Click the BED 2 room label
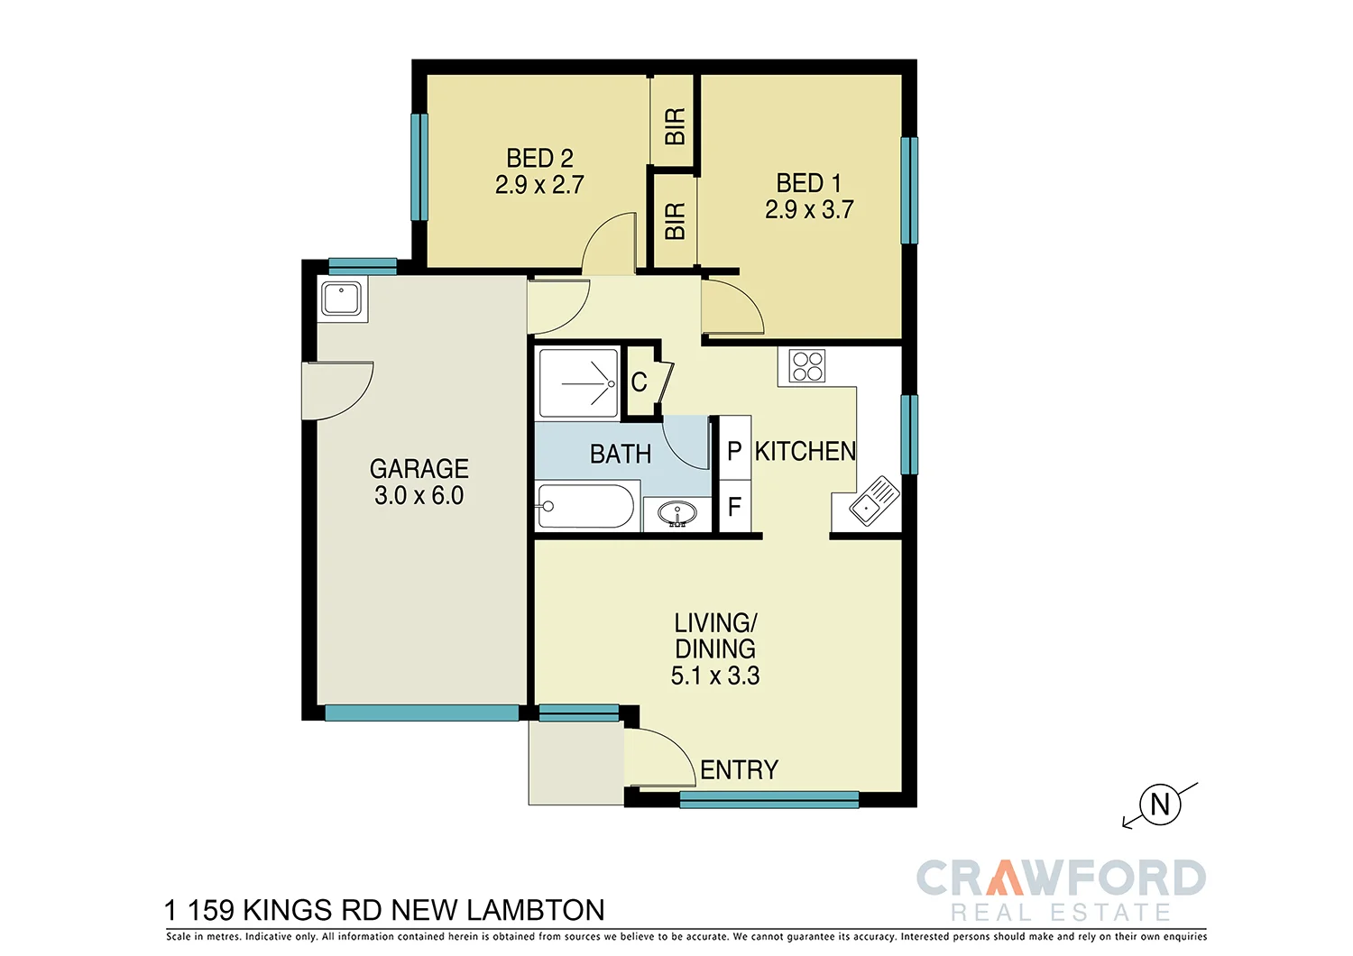click(x=539, y=159)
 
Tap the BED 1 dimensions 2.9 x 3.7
click(x=809, y=210)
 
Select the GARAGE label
click(x=419, y=469)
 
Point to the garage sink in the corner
click(x=342, y=299)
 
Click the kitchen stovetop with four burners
click(x=806, y=366)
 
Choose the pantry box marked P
click(x=734, y=451)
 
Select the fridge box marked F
click(x=734, y=507)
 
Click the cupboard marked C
click(x=640, y=382)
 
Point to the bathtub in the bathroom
click(x=586, y=507)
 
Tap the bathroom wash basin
click(x=676, y=514)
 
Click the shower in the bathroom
click(x=578, y=384)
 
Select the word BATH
click(x=621, y=454)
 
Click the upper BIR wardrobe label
click(x=674, y=126)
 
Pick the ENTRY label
click(x=739, y=770)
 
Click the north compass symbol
click(x=1160, y=804)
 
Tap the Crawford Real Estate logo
click(x=1061, y=889)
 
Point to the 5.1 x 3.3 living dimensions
click(x=715, y=676)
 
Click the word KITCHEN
click(x=805, y=451)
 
